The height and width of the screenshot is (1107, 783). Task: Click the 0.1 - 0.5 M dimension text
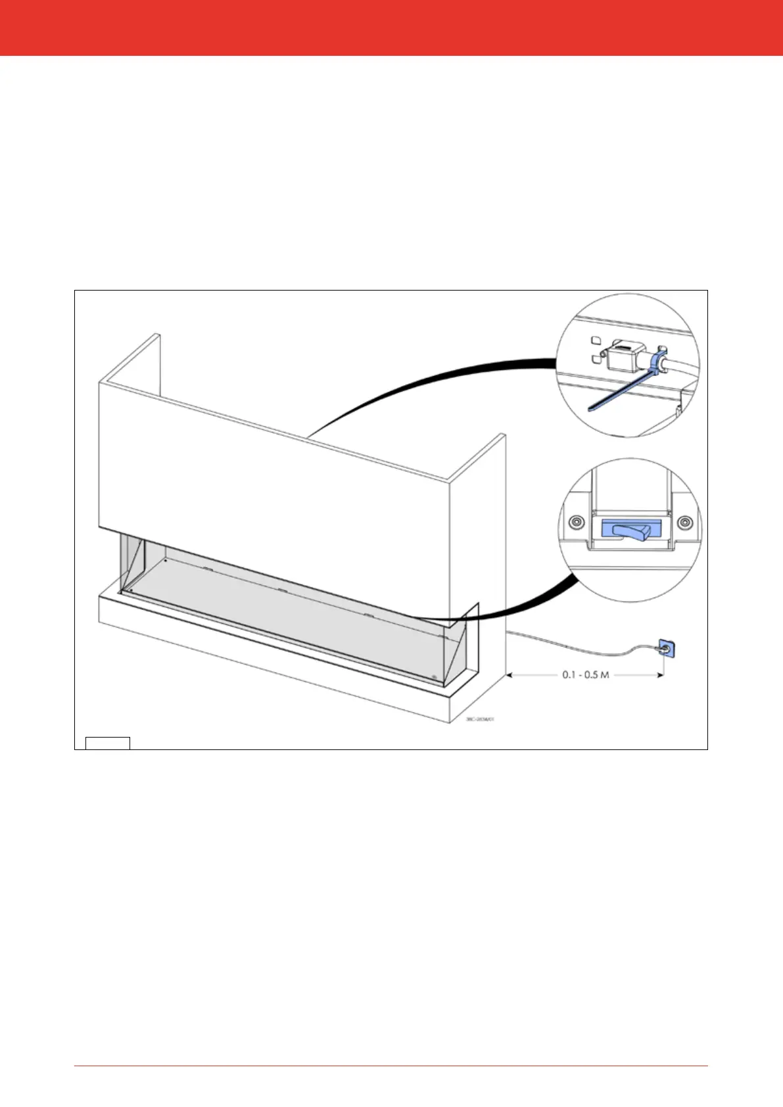click(585, 675)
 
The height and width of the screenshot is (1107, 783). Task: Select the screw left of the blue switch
click(576, 523)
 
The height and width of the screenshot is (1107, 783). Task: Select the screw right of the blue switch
click(684, 523)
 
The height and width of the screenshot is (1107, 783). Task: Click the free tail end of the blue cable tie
click(592, 408)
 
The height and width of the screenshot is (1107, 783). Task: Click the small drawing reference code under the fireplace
click(480, 719)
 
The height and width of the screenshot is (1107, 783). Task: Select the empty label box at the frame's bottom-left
click(108, 743)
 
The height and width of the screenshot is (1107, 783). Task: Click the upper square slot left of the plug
click(595, 341)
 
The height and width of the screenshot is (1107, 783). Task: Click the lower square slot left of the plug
click(595, 358)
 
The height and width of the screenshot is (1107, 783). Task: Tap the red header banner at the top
click(391, 28)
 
